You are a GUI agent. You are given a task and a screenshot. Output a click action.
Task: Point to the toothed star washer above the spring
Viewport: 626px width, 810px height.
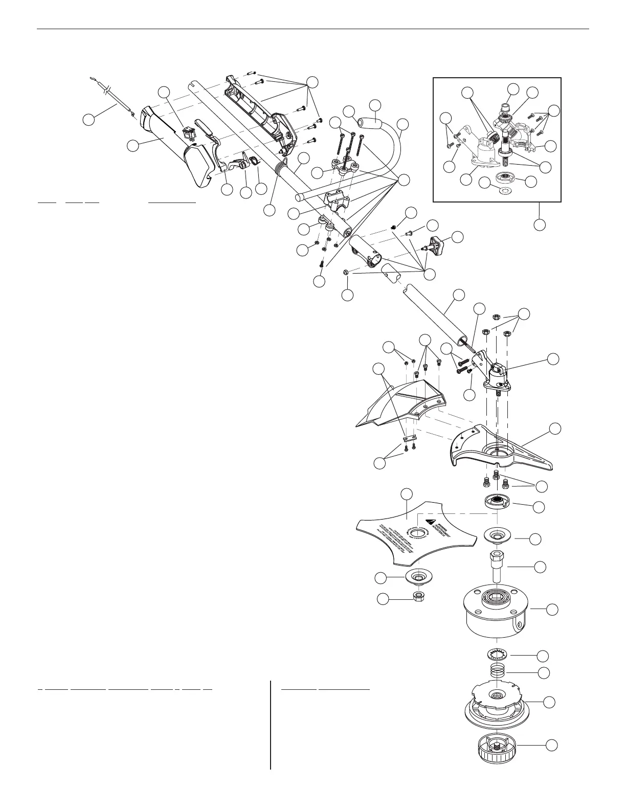pos(495,654)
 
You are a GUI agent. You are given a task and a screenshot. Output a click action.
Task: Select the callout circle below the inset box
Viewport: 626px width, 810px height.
pos(540,223)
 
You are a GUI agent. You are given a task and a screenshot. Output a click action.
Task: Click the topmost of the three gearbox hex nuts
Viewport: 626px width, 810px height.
pos(496,317)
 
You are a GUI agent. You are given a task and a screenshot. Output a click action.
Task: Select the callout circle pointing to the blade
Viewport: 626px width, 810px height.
pos(407,493)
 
